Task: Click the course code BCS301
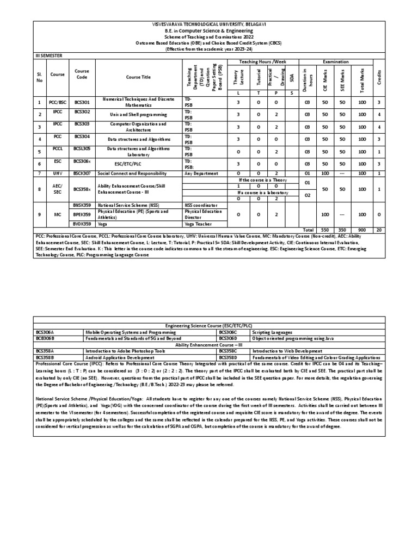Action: [82, 100]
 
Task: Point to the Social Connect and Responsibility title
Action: [131, 173]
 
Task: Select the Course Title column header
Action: [138, 77]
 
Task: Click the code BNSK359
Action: [82, 205]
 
